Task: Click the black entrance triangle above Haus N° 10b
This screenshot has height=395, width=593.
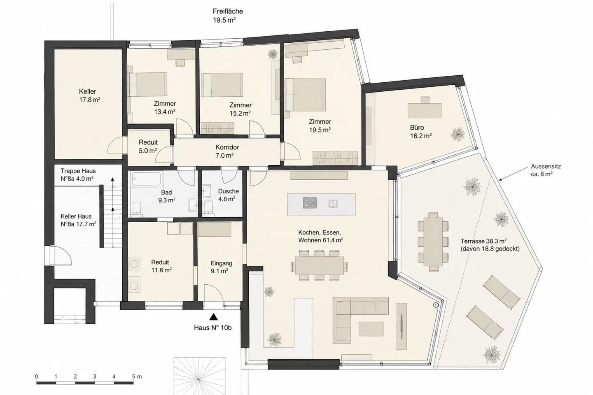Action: click(x=214, y=317)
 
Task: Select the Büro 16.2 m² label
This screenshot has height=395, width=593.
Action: click(x=421, y=132)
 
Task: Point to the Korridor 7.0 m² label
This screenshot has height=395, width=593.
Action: click(x=227, y=151)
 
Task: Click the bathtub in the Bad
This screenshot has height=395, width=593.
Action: click(x=147, y=179)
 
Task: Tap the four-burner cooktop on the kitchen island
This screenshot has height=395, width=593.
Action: click(x=310, y=203)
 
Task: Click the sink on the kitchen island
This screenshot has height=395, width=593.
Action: click(x=333, y=204)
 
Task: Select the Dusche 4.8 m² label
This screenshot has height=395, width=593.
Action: click(x=228, y=195)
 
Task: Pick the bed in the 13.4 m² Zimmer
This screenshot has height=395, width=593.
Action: click(x=147, y=84)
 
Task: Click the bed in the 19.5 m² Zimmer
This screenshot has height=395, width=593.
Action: click(x=305, y=95)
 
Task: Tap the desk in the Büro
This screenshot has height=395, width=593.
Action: click(x=425, y=110)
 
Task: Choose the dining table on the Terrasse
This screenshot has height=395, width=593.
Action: click(x=433, y=242)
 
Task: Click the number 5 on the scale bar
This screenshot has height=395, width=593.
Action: click(x=133, y=376)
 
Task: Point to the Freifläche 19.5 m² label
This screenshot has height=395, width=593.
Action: click(x=228, y=16)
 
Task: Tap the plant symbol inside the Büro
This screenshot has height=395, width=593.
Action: click(x=457, y=135)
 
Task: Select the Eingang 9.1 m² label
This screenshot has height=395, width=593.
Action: click(x=221, y=267)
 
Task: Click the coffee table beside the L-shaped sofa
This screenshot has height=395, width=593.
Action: click(x=371, y=329)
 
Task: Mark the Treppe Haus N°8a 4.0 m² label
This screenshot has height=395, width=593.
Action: click(x=78, y=174)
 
